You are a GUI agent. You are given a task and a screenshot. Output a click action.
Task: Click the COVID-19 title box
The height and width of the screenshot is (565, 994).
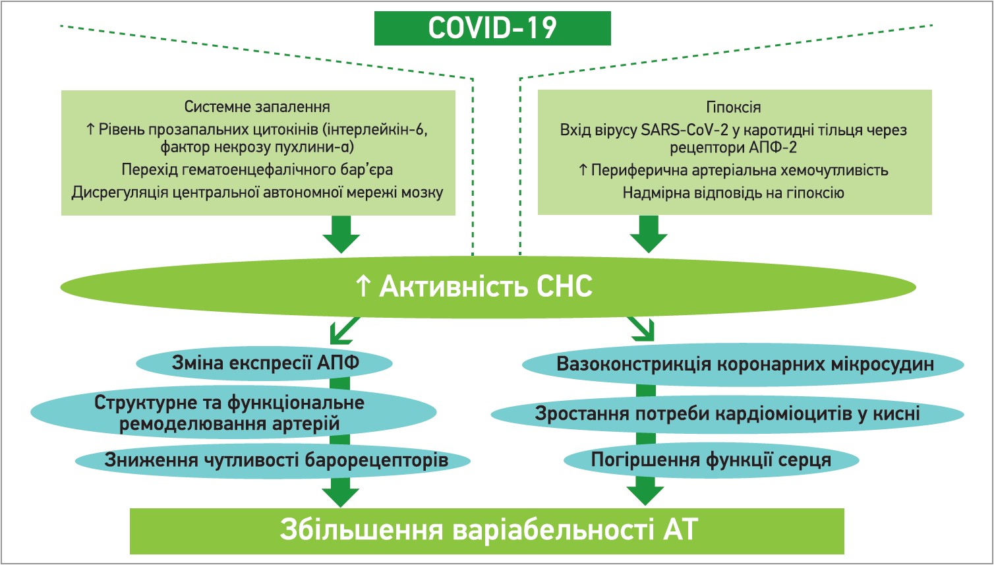(x=492, y=28)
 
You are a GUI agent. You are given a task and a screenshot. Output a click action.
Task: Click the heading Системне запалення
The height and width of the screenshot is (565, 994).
(x=257, y=107)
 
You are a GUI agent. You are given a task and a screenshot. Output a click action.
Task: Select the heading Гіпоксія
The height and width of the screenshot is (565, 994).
(x=733, y=107)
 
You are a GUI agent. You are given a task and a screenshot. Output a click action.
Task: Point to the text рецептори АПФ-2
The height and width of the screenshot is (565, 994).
(x=733, y=148)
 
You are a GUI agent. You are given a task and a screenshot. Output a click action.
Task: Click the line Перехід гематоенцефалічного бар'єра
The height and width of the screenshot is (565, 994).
(x=257, y=169)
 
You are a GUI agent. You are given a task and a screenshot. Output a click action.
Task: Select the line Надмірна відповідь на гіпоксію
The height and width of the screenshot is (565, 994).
(x=733, y=193)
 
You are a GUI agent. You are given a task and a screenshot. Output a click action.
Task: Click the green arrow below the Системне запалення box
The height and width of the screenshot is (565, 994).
(x=341, y=234)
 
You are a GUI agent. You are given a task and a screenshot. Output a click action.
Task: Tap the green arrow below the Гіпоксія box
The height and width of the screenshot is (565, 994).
(x=649, y=234)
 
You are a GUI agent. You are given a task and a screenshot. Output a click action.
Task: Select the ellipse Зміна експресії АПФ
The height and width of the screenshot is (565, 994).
(x=265, y=363)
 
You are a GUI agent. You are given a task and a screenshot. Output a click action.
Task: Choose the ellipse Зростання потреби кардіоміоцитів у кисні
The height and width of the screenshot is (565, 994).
(x=727, y=414)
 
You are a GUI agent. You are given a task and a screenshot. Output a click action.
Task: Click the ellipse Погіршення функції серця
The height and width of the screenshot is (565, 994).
(x=711, y=460)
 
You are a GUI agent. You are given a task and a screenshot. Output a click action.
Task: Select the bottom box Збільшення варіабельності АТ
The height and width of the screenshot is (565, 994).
(x=486, y=530)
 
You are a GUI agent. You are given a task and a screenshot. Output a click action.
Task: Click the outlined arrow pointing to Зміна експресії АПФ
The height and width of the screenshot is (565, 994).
(x=345, y=330)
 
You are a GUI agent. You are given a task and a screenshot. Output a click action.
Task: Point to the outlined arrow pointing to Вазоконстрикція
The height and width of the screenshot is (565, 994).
(x=641, y=328)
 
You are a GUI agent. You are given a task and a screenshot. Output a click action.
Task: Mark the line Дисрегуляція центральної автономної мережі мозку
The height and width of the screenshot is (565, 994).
(x=257, y=193)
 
